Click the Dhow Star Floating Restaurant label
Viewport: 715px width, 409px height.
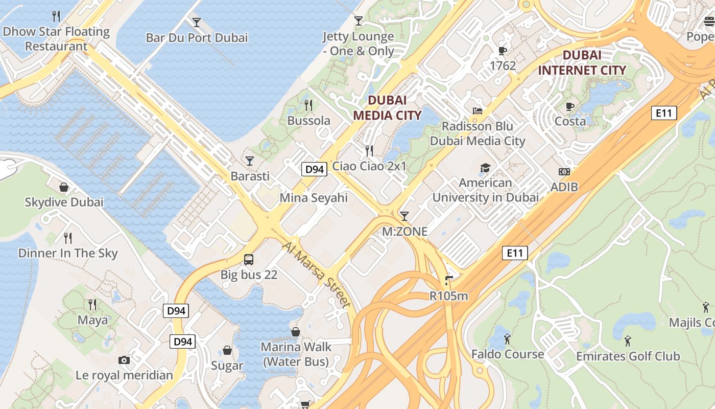(x=56, y=39)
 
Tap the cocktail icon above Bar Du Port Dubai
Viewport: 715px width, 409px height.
(x=197, y=22)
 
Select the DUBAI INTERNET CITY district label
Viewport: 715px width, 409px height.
(x=582, y=62)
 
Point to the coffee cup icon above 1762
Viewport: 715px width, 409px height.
(x=503, y=51)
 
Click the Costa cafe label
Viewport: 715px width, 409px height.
(x=570, y=121)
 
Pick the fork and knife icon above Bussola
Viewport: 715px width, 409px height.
(x=308, y=105)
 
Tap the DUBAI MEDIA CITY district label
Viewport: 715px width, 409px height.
(x=387, y=107)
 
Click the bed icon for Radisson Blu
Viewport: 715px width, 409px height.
(x=478, y=110)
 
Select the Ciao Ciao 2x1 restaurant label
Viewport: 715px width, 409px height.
(x=369, y=166)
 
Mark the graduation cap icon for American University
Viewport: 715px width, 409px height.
(x=485, y=168)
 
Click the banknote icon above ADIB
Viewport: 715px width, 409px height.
(x=564, y=172)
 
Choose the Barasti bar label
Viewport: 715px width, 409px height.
(x=250, y=176)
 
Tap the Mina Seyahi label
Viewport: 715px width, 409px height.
(x=314, y=198)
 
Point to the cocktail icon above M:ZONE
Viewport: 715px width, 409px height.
(x=404, y=216)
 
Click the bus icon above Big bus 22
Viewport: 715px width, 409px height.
(x=249, y=260)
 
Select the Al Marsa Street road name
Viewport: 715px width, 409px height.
(x=317, y=275)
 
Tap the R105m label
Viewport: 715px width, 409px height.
(x=448, y=296)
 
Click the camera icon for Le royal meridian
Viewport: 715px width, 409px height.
(x=124, y=360)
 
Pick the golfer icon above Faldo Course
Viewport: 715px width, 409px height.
(x=507, y=339)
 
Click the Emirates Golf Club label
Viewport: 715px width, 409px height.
(x=628, y=356)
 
